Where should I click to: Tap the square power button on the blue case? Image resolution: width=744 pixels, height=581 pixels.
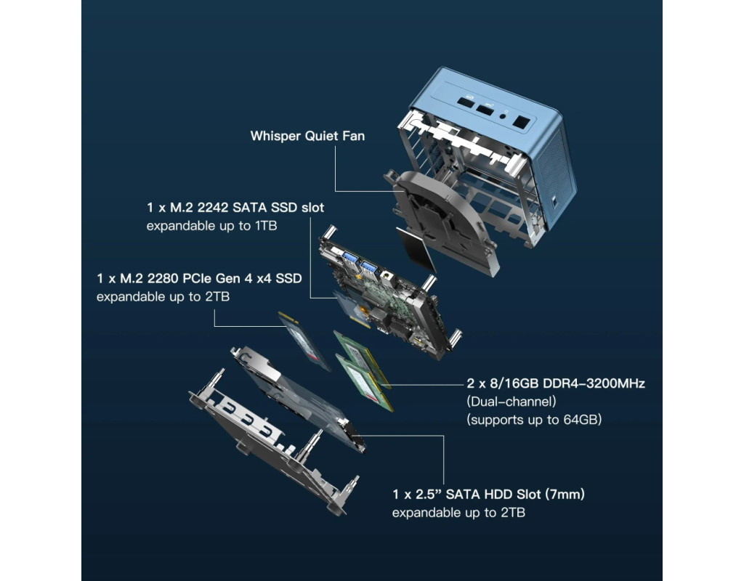point(521,122)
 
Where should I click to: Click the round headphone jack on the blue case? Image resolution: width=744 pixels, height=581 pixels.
point(503,115)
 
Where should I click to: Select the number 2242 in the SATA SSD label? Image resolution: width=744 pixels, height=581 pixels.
point(213,208)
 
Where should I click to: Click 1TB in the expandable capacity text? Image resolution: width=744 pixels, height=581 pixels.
point(266,226)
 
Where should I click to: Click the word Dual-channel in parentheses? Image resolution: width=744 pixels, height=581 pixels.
point(511,402)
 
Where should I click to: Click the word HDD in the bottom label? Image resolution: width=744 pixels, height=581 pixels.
point(498,495)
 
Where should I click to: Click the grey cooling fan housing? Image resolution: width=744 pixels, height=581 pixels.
point(441,219)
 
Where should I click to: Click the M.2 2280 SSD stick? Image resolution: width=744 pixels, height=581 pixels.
point(304,341)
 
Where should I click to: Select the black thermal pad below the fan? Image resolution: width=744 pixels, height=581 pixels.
point(416,249)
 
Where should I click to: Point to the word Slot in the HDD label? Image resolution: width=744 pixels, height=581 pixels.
point(529,495)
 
